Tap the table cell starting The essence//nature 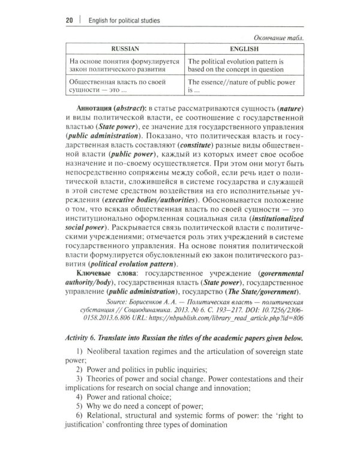(x=244, y=87)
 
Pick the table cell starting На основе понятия (x=121, y=65)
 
